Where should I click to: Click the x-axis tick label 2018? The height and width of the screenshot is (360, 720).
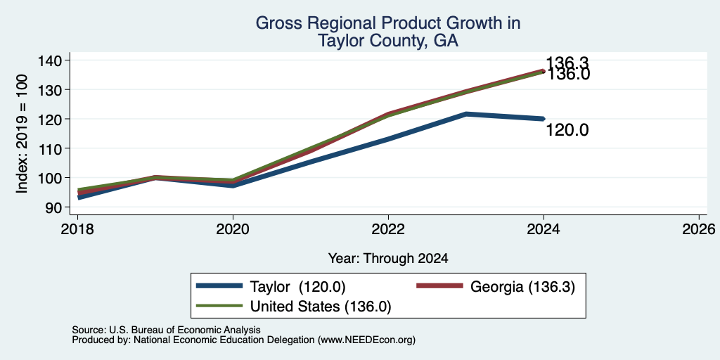tap(77, 229)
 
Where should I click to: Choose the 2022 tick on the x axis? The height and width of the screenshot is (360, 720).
tap(388, 229)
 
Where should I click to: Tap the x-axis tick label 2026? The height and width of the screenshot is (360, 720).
tap(699, 229)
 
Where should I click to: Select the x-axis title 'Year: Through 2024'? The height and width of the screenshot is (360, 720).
tap(388, 259)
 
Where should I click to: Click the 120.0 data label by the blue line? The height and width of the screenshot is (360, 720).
tap(567, 131)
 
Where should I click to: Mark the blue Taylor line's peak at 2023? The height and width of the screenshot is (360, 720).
tap(466, 114)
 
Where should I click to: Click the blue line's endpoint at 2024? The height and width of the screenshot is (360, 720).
tap(544, 119)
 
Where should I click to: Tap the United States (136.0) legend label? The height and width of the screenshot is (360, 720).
tap(320, 307)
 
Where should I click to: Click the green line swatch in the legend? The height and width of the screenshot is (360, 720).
tap(219, 306)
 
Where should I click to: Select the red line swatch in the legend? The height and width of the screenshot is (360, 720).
tap(439, 286)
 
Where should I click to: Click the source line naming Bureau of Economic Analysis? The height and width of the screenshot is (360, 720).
tap(166, 330)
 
